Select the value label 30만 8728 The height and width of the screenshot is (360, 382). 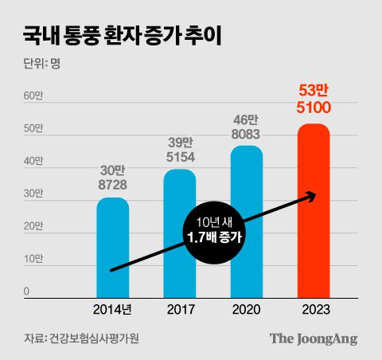click(x=112, y=177)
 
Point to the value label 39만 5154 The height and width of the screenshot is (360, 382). click(x=179, y=150)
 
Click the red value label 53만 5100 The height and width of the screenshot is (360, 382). click(x=313, y=99)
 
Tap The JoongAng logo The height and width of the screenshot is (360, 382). click(x=313, y=338)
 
